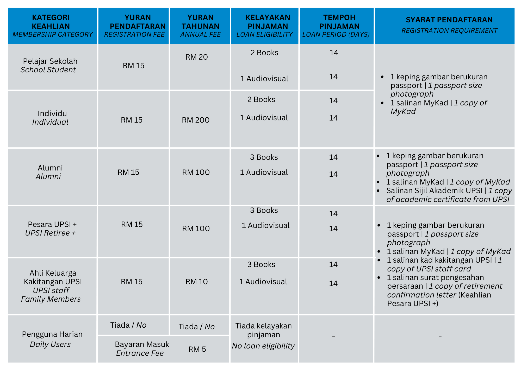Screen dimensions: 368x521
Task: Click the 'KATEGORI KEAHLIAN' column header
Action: (51, 22)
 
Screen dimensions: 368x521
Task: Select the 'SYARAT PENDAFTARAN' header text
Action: (449, 20)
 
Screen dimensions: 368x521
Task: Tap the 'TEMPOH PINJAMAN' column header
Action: (339, 22)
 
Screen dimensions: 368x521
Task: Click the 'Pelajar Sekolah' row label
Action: (50, 61)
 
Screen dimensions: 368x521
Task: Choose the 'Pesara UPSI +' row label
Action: (52, 224)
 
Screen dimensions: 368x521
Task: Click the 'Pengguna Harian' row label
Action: (52, 334)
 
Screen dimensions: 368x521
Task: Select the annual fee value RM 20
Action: (196, 57)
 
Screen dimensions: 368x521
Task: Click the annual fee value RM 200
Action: (196, 120)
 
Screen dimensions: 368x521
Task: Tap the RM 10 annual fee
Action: (196, 282)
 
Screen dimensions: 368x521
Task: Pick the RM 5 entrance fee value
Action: (197, 349)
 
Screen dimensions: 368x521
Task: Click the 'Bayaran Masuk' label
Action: (142, 344)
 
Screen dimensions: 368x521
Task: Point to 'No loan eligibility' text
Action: (263, 346)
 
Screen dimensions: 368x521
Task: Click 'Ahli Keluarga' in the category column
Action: (53, 273)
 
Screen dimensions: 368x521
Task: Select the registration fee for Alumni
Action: (128, 172)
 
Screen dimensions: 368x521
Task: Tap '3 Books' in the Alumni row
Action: (264, 157)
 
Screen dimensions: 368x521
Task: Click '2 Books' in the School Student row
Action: (264, 53)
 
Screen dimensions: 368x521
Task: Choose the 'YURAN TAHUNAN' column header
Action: (200, 22)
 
